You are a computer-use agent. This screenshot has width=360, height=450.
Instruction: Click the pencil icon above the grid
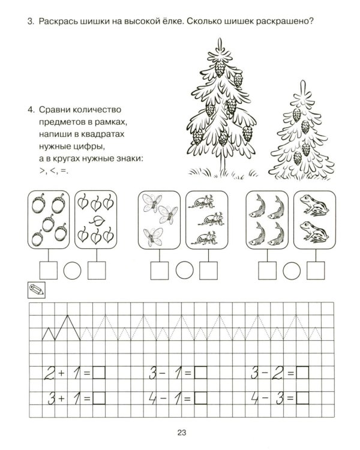(x=37, y=290)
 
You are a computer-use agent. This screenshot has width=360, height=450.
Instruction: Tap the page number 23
(x=182, y=433)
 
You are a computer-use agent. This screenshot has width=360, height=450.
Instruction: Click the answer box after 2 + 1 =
(x=99, y=373)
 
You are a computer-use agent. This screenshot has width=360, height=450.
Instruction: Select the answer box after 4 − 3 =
(x=302, y=398)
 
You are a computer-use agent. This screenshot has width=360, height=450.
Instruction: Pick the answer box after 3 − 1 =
(x=200, y=373)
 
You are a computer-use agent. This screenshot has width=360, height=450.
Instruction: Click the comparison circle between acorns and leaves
(x=73, y=271)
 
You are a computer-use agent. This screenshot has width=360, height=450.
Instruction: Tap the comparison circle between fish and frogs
(x=292, y=271)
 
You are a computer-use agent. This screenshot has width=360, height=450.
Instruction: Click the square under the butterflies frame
(x=160, y=271)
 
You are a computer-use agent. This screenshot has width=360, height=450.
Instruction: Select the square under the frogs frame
(x=316, y=271)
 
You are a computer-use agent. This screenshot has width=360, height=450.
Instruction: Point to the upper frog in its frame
(x=314, y=205)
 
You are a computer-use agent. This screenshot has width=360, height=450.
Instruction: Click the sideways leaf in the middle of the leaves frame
(x=97, y=220)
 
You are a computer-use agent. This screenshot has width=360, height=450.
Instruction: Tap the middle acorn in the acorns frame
(x=47, y=223)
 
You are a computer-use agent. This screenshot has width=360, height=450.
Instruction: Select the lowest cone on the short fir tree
(x=298, y=158)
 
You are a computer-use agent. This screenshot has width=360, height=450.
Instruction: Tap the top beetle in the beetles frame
(x=201, y=201)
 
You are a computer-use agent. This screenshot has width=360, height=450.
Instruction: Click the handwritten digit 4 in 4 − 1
(x=153, y=398)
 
